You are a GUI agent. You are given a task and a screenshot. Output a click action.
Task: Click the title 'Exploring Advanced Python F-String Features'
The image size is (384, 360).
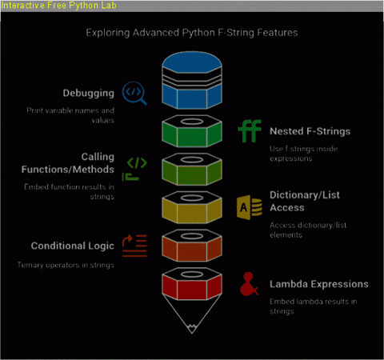pos(192,34)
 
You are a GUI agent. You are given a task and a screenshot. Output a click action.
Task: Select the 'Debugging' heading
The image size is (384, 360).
pos(89,92)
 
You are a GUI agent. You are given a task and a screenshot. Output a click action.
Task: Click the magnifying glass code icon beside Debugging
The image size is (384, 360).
pos(134,93)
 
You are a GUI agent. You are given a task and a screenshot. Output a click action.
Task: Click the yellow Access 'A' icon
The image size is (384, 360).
pos(250,206)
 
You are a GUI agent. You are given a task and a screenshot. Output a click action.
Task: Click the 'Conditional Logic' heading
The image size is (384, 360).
pos(72,246)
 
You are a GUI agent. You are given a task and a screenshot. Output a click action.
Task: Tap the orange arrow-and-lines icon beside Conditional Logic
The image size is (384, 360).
pos(134,242)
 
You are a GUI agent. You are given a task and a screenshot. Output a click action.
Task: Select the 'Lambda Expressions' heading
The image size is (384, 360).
pos(318,284)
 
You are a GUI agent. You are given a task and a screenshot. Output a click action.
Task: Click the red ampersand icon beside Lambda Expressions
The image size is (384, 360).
pos(250,284)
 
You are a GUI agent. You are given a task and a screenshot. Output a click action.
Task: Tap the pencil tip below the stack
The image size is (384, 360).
pos(192,328)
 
